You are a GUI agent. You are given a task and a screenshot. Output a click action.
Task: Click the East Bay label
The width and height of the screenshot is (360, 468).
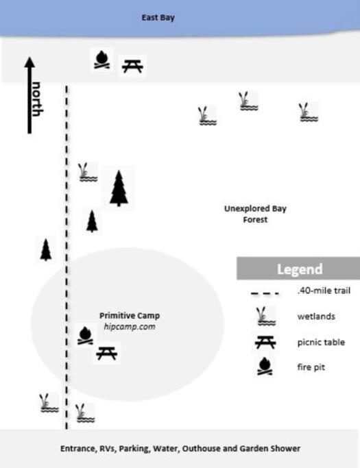click(x=158, y=18)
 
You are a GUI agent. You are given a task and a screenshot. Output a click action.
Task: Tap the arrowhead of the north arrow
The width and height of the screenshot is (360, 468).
click(x=29, y=62)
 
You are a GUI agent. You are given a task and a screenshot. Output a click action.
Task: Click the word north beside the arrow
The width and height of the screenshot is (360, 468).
click(x=37, y=99)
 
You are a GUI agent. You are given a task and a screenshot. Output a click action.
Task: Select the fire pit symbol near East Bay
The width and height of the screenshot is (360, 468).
click(x=102, y=60)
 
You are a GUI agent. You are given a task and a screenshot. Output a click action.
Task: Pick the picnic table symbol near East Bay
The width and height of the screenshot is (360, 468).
click(x=132, y=66)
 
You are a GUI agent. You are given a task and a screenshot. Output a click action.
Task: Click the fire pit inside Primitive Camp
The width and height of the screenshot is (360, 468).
click(x=85, y=336)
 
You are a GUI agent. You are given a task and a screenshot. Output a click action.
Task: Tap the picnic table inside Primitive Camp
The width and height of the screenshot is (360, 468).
click(x=107, y=354)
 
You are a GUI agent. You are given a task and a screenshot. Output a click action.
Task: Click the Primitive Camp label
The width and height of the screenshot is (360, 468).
click(x=130, y=315)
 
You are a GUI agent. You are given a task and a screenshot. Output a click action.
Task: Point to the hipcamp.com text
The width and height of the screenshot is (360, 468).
click(x=130, y=327)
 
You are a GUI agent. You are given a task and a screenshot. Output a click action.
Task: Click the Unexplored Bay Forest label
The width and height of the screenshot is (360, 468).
click(x=255, y=214)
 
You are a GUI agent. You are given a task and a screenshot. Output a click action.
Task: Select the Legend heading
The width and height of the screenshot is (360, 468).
click(x=300, y=269)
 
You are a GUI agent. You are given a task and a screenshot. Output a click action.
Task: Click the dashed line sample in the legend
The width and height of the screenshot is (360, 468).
click(x=265, y=294)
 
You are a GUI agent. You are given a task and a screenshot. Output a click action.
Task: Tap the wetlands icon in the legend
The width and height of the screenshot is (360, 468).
click(x=265, y=316)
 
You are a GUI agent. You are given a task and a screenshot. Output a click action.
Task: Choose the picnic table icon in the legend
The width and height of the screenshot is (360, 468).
click(x=265, y=343)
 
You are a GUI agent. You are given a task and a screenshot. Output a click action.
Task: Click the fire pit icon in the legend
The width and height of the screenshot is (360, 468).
click(x=265, y=366)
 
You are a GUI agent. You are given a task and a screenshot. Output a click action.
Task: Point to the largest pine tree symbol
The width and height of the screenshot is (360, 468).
click(x=119, y=188)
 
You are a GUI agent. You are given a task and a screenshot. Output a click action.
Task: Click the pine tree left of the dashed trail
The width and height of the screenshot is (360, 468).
click(x=46, y=250)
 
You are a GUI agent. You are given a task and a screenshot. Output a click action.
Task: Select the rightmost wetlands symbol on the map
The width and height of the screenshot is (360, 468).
click(x=309, y=112)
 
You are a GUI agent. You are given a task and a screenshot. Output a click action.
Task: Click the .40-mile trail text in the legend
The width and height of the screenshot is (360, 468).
click(x=324, y=291)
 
